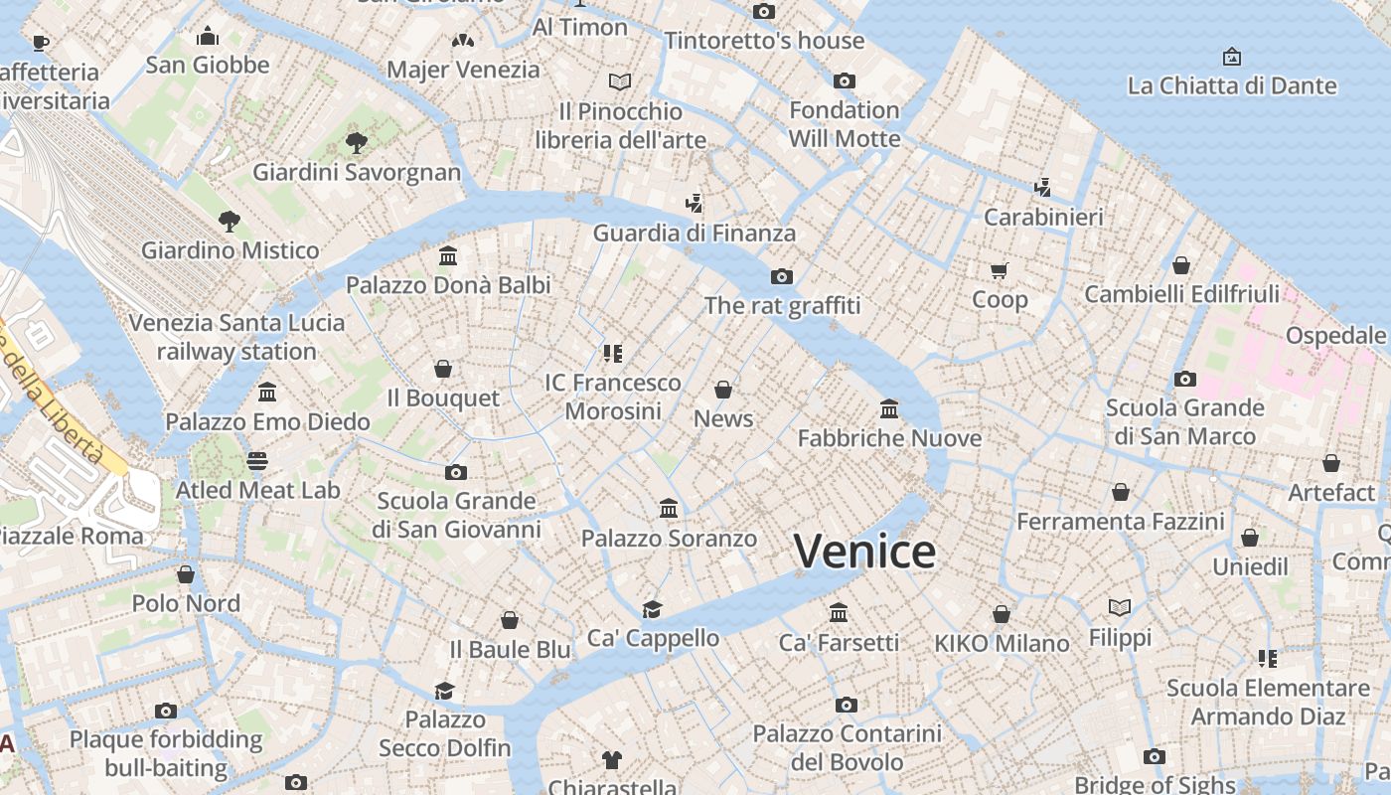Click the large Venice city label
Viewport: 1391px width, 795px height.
pyautogui.click(x=864, y=552)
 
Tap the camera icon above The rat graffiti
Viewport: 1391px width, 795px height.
pyautogui.click(x=781, y=276)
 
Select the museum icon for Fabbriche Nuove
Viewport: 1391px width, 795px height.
pyautogui.click(x=888, y=408)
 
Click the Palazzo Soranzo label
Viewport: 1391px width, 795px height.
pyautogui.click(x=669, y=539)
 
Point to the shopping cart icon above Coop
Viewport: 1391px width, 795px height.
pyautogui.click(x=1000, y=270)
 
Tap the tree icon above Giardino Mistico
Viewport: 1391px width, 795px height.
pyautogui.click(x=230, y=221)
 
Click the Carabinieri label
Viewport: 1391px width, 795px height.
pyautogui.click(x=1043, y=217)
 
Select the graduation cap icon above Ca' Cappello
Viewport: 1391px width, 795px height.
pyautogui.click(x=652, y=608)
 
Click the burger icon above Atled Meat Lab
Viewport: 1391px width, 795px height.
pyautogui.click(x=257, y=461)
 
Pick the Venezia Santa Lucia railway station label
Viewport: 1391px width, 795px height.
pyautogui.click(x=236, y=337)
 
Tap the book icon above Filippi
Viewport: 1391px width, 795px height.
pyautogui.click(x=1120, y=607)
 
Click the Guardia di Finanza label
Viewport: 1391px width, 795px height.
pyautogui.click(x=695, y=234)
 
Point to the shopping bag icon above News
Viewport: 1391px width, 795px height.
pyautogui.click(x=723, y=389)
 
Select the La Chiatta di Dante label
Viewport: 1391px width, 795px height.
pyautogui.click(x=1232, y=86)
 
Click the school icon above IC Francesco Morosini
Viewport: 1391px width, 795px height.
pyautogui.click(x=612, y=353)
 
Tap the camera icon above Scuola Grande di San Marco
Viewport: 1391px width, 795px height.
pyautogui.click(x=1184, y=379)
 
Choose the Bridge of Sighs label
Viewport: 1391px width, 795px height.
pyautogui.click(x=1154, y=784)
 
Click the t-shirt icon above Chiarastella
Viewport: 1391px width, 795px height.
pyautogui.click(x=611, y=760)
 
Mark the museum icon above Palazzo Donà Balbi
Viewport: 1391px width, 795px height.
pyautogui.click(x=448, y=256)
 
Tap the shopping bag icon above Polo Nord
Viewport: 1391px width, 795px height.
pyautogui.click(x=186, y=574)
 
